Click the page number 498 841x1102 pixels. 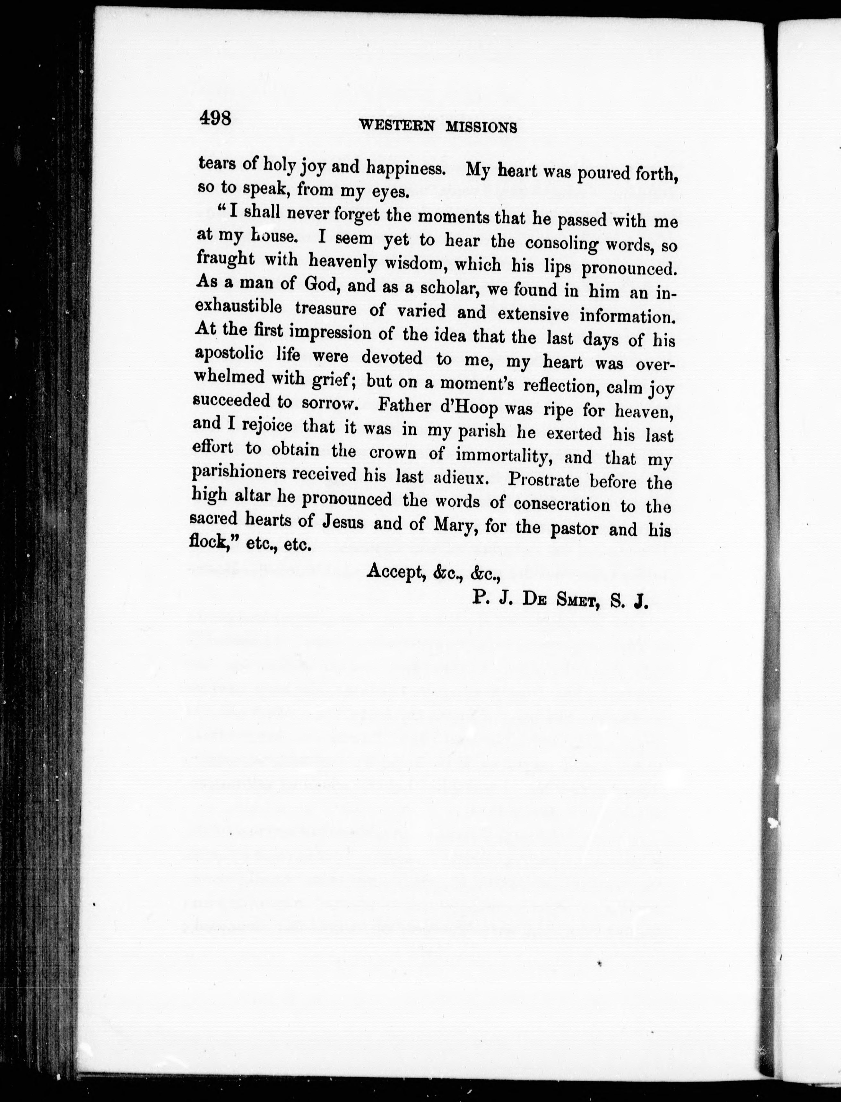(214, 119)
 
